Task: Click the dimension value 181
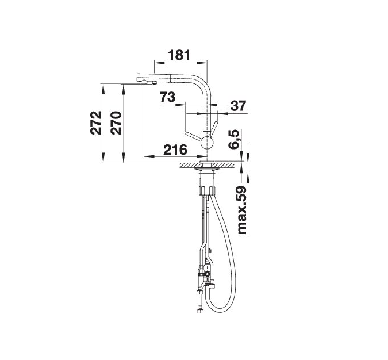point(179,55)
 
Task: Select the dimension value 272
point(96,123)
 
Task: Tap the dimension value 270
point(116,123)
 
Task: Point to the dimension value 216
point(175,150)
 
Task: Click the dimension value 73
point(167,97)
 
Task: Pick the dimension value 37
point(239,105)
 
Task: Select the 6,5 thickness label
point(235,139)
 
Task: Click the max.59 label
point(242,210)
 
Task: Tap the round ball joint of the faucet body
point(206,143)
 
